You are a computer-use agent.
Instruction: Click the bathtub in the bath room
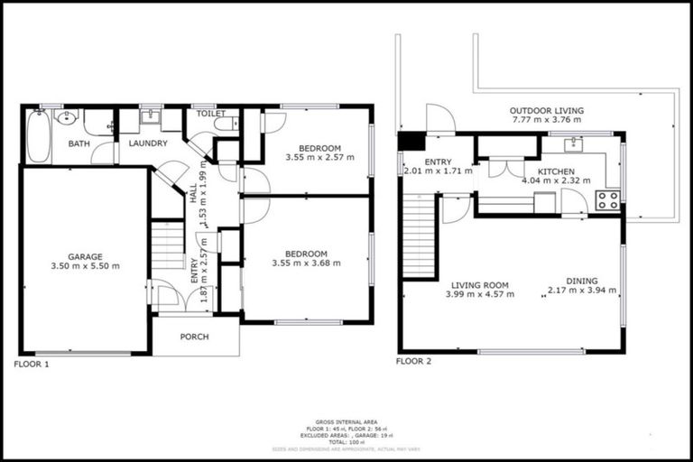click(38, 136)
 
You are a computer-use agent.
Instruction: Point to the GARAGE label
click(87, 256)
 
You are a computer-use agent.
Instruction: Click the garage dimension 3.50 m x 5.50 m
click(87, 266)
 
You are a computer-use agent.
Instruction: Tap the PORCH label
click(195, 337)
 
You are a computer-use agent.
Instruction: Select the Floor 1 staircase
click(168, 246)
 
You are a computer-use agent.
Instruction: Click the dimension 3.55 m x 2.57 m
click(319, 157)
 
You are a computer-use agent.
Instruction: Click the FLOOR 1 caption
click(32, 364)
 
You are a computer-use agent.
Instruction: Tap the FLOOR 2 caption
click(414, 361)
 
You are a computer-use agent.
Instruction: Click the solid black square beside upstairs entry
click(411, 142)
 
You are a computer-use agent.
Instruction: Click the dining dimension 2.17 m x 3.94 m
click(582, 291)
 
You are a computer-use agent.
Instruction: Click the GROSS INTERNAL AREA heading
click(346, 421)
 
